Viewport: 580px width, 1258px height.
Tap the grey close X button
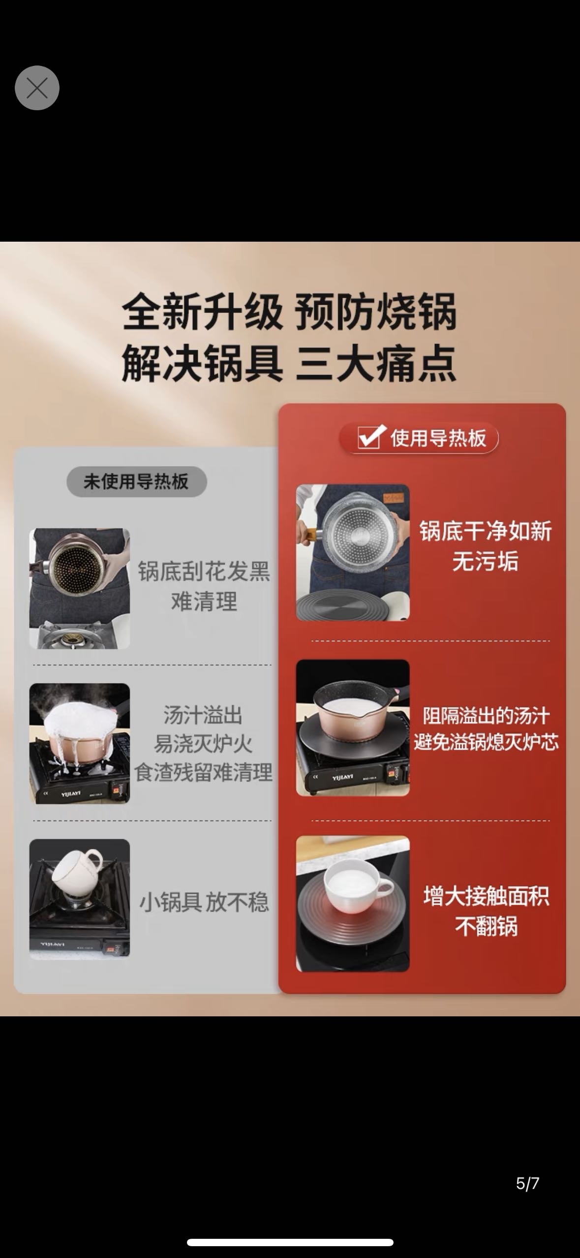pyautogui.click(x=37, y=88)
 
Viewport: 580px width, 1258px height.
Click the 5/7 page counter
pyautogui.click(x=527, y=1183)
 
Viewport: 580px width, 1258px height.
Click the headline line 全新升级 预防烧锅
pyautogui.click(x=289, y=312)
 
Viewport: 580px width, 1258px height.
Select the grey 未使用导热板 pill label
pyautogui.click(x=136, y=481)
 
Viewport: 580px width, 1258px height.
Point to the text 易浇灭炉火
pyautogui.click(x=203, y=744)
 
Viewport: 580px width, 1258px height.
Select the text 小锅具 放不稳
pyautogui.click(x=204, y=902)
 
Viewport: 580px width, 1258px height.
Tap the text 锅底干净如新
pyautogui.click(x=485, y=532)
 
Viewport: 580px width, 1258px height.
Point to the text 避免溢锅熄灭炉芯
pyautogui.click(x=486, y=742)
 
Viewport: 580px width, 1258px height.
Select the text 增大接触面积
pyautogui.click(x=486, y=896)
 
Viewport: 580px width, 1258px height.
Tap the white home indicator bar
pyautogui.click(x=290, y=1242)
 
